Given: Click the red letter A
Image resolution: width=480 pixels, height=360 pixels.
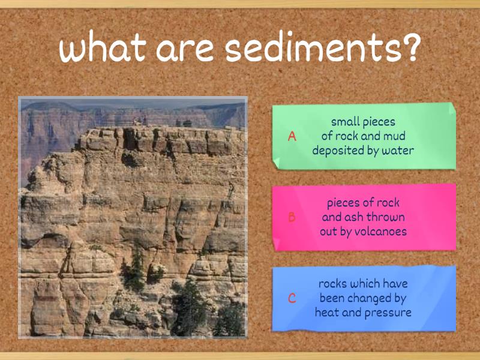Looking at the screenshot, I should [x=292, y=136].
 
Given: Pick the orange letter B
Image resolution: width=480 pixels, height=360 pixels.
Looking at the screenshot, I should [x=292, y=217].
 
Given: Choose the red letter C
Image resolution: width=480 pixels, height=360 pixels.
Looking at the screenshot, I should [x=292, y=298].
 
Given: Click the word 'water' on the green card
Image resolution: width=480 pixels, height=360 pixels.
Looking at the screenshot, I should [x=397, y=151].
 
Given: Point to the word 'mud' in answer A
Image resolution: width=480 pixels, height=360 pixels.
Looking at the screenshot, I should [x=394, y=136].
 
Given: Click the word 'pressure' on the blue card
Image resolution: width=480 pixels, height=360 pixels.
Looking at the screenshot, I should [x=389, y=313].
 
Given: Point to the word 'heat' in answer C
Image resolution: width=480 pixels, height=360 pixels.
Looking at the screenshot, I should [x=329, y=313].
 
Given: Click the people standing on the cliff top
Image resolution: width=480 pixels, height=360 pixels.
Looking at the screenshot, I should [x=140, y=122].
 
